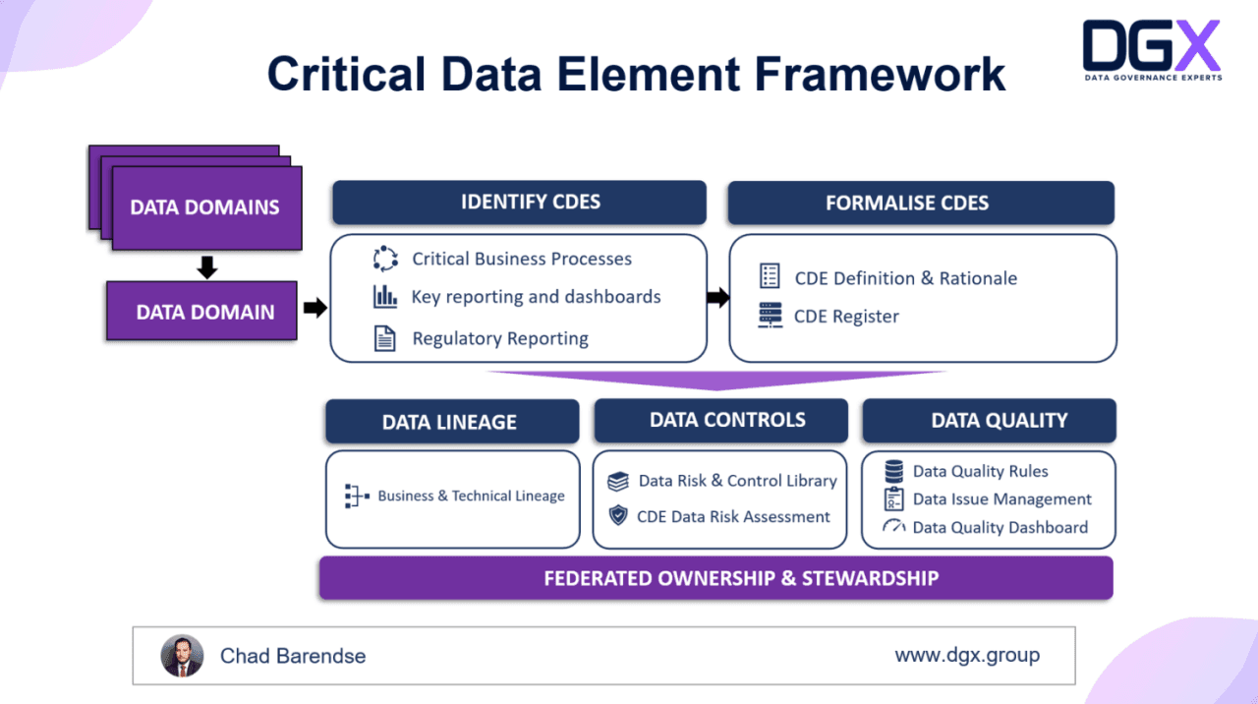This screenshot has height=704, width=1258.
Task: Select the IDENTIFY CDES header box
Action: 519,203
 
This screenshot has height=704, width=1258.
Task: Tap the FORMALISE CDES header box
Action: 920,204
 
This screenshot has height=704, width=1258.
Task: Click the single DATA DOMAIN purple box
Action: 201,312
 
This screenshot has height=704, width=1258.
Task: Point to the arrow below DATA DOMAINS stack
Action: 206,267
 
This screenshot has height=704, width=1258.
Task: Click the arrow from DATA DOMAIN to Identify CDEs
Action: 314,309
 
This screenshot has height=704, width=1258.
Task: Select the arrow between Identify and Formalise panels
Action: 718,297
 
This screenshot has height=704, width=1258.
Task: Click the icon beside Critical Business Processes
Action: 385,260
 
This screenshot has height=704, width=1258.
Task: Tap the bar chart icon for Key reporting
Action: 385,297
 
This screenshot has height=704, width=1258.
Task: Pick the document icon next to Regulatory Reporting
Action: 385,339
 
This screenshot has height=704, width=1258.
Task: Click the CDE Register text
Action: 846,317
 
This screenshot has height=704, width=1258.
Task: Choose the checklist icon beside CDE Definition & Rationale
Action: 770,277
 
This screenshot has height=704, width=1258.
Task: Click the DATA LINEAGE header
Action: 451,422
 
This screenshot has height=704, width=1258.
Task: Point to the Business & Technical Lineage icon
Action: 357,497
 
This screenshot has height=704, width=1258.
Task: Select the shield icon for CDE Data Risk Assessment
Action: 618,515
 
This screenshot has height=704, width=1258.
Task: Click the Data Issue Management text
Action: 1001,499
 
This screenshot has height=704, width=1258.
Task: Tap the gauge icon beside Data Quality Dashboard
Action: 893,527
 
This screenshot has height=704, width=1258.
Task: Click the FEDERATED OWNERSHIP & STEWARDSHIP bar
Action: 715,578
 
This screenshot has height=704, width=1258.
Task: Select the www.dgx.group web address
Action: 966,655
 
